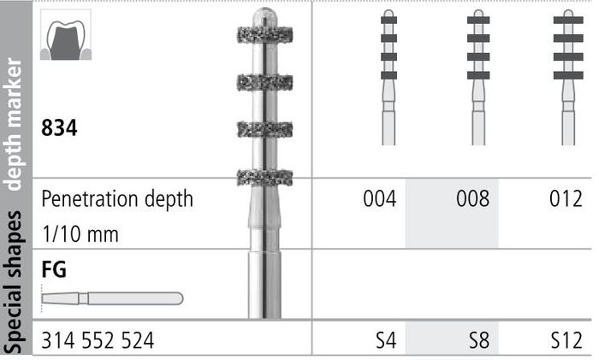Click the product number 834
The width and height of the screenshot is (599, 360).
pos(59,128)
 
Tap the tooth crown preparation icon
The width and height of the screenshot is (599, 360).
pos(66,35)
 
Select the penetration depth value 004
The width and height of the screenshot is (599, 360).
pos(380,198)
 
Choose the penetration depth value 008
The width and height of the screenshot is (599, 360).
pos(473,198)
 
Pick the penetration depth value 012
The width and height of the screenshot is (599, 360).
pos(566,198)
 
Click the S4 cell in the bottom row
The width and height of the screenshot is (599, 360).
pos(386,340)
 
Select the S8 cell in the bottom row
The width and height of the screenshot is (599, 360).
pos(479,340)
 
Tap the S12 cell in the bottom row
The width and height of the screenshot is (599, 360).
pos(566,340)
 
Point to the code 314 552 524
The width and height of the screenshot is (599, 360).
pos(98,340)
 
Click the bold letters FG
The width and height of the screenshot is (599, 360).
pos(54,269)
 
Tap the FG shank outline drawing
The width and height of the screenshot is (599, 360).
pos(112,298)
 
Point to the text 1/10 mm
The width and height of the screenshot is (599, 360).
pos(80,234)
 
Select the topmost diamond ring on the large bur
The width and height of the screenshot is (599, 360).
pos(264,35)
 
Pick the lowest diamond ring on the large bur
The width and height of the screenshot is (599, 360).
pos(264,178)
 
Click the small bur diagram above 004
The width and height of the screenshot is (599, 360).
pos(388,78)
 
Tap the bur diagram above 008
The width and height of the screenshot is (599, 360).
pos(478,78)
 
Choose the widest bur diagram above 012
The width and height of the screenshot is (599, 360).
pos(568,78)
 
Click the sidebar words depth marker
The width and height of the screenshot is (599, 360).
pos(15,124)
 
